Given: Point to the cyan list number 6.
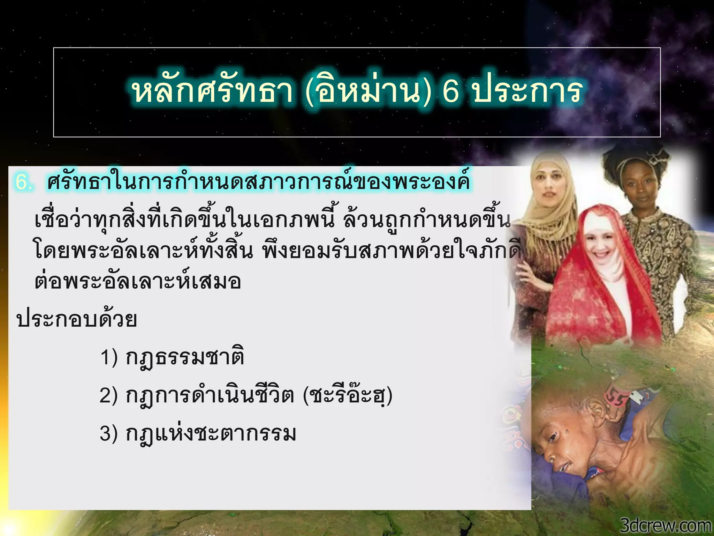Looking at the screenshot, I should point(24,182).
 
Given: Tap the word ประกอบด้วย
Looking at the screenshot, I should point(77,319).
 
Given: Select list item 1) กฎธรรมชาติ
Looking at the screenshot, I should point(172,358).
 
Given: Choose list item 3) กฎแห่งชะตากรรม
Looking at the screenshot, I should point(198,434).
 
